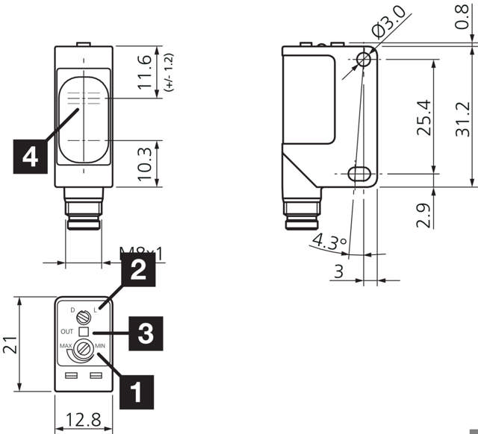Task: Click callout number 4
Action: click(31, 157)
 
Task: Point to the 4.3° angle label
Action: click(329, 242)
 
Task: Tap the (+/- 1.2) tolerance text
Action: click(169, 73)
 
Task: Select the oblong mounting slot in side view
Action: click(361, 174)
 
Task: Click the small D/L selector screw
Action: click(83, 318)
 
